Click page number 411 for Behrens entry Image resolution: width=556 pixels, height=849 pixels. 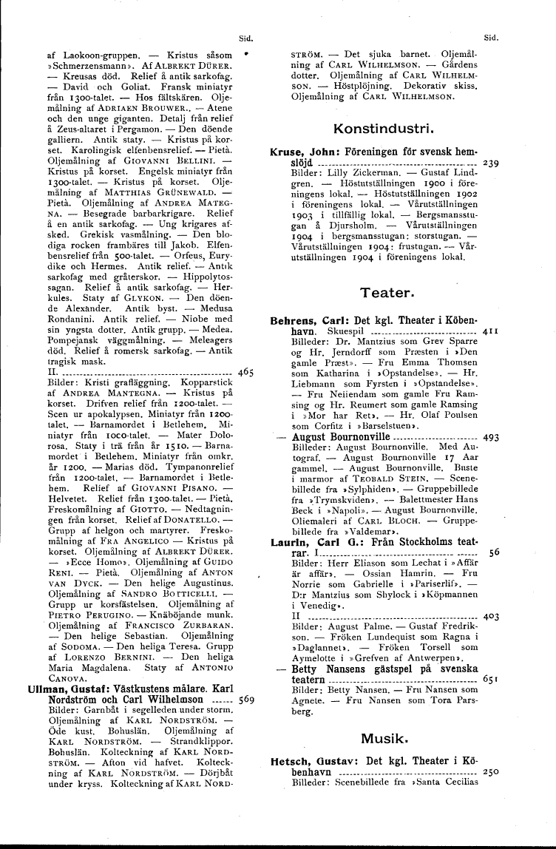coord(490,333)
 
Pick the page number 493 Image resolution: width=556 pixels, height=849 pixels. coord(491,438)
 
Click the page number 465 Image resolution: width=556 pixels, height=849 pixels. coord(247,373)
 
